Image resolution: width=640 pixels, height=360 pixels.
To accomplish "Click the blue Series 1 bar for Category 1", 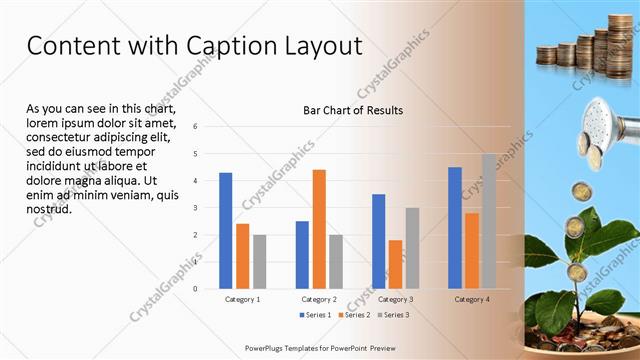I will click(226, 230).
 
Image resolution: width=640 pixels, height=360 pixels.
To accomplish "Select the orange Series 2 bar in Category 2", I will click(319, 229).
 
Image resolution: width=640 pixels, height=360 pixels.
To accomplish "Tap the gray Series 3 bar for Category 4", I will click(489, 221).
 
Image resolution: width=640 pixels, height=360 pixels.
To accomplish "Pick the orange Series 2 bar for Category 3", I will click(395, 264).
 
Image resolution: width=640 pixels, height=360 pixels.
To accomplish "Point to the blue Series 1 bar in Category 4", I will click(455, 227).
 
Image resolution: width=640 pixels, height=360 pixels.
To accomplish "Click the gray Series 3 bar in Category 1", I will click(260, 261).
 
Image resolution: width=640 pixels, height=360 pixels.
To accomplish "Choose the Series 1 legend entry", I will click(316, 315).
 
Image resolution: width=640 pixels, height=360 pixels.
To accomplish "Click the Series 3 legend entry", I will click(393, 315).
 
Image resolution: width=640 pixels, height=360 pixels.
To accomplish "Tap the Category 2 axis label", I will click(318, 299).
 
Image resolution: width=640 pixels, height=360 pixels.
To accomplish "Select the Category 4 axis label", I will click(471, 299).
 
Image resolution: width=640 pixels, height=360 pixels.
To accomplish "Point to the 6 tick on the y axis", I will click(196, 126).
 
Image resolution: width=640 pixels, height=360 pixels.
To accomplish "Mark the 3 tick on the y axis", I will click(196, 207).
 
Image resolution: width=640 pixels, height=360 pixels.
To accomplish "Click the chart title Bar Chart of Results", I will click(353, 110).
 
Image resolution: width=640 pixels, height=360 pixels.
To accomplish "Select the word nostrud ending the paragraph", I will click(48, 210).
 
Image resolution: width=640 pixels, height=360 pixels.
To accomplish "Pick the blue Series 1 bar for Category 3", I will click(378, 241).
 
